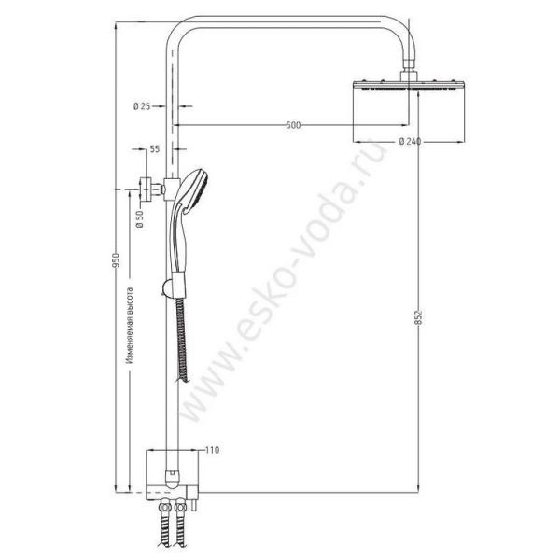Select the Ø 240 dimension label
coord(409,142)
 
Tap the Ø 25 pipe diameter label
coord(143,107)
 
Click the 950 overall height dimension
coord(117,260)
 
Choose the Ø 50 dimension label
coord(139,219)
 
